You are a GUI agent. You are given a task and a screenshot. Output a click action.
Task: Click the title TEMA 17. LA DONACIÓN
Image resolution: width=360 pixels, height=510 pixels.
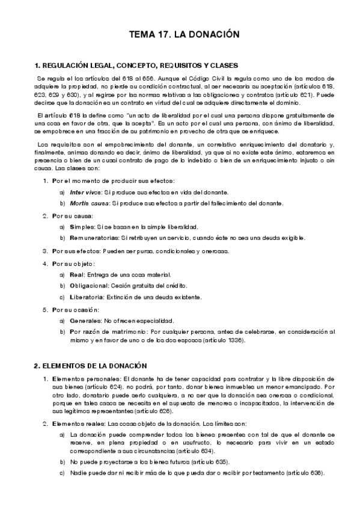pos(180,35)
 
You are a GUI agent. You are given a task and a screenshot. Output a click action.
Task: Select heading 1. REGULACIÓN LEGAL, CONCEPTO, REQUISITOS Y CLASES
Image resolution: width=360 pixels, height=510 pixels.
pos(136,65)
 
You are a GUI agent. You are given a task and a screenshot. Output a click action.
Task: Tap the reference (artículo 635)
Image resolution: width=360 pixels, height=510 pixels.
pos(213,462)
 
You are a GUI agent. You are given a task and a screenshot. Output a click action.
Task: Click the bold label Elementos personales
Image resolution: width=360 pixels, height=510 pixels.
pos(85,379)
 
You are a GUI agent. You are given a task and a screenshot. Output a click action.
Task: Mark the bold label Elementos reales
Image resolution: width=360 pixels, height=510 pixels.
pos(79,424)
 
